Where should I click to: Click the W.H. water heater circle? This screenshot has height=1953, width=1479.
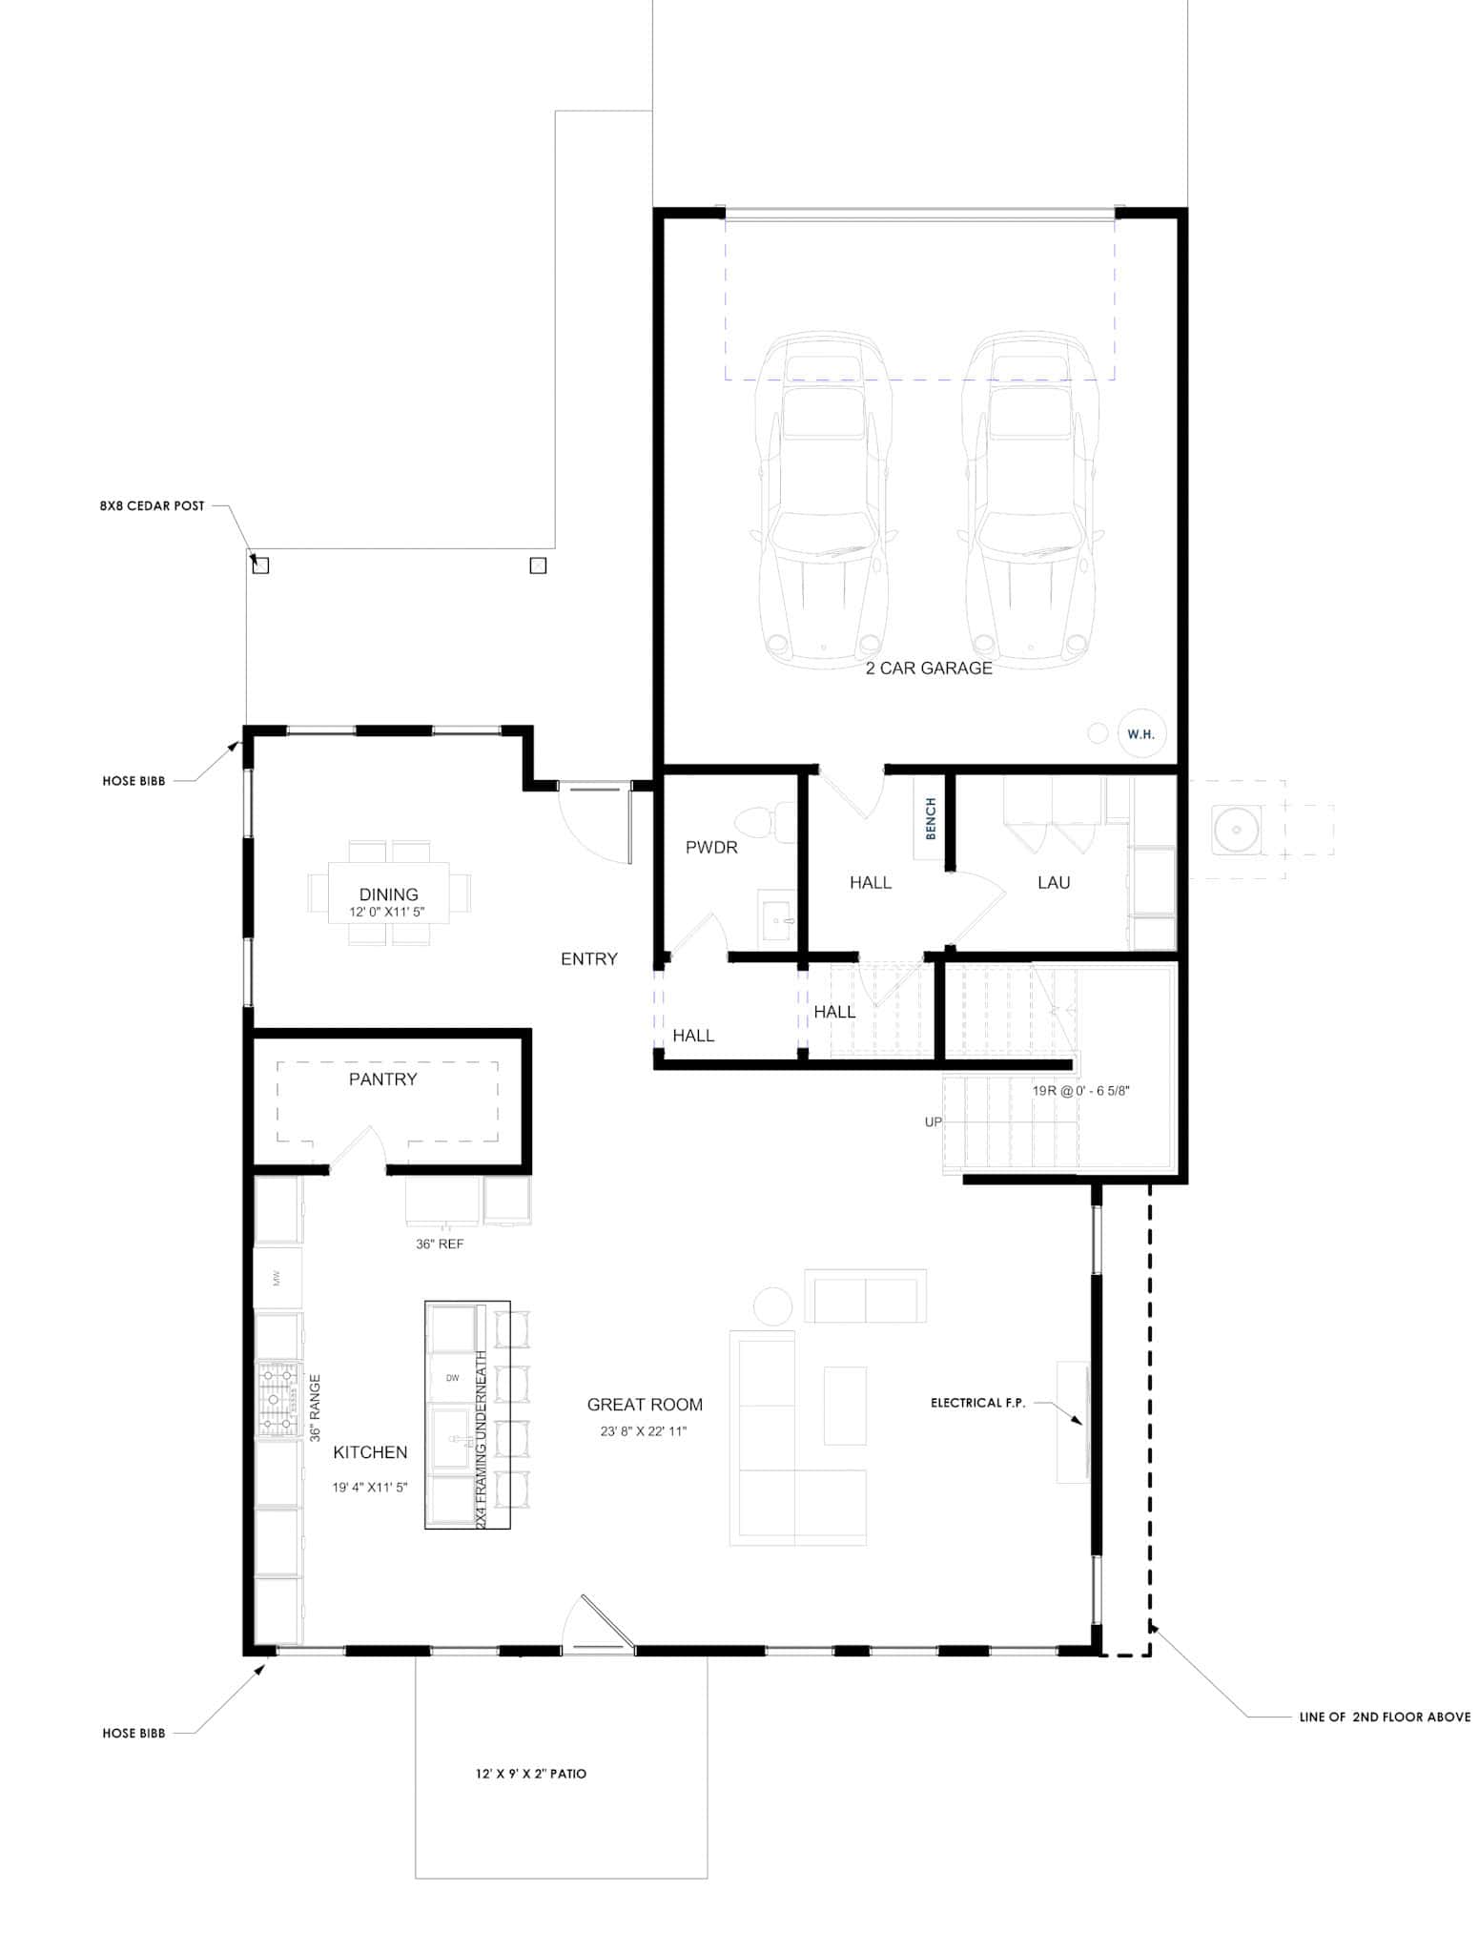[1140, 734]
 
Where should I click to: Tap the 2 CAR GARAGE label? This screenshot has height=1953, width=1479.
[929, 668]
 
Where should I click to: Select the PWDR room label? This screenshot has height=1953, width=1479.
[711, 847]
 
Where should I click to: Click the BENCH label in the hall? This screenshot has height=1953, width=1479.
[932, 818]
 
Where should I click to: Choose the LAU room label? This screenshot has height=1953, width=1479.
[1054, 883]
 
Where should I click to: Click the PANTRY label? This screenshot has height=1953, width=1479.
[382, 1079]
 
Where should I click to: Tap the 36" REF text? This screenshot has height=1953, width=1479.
[440, 1244]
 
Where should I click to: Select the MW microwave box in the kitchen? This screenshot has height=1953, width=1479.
[277, 1278]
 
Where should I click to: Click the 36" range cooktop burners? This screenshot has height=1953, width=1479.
[278, 1400]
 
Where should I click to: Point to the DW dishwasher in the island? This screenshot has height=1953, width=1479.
[452, 1378]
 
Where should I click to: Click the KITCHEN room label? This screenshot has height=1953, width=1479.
[370, 1452]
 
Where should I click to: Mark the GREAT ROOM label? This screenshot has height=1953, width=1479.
[645, 1405]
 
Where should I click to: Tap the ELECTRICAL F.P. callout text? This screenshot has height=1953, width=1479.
[977, 1403]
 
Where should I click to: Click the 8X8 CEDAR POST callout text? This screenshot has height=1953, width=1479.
[152, 506]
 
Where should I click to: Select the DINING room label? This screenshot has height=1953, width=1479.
[388, 894]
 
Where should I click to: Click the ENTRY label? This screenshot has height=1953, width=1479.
[588, 959]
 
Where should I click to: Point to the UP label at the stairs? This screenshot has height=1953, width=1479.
[933, 1122]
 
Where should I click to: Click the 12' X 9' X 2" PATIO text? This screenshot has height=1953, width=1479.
[531, 1774]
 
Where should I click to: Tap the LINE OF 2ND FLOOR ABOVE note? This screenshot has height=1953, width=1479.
[1384, 1717]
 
